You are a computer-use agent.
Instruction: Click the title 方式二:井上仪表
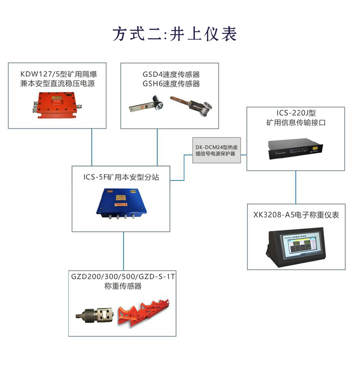(x=175, y=34)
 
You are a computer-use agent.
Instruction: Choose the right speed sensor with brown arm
(x=192, y=105)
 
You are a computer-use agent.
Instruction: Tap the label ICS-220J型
(x=296, y=112)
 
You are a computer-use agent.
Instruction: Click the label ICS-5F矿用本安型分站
(x=121, y=177)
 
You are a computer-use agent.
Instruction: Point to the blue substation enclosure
(x=120, y=203)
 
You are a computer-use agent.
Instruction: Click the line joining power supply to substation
(x=92, y=147)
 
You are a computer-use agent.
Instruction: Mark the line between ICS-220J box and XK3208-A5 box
(x=296, y=187)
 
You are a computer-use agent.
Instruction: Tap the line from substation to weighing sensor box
(x=123, y=251)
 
